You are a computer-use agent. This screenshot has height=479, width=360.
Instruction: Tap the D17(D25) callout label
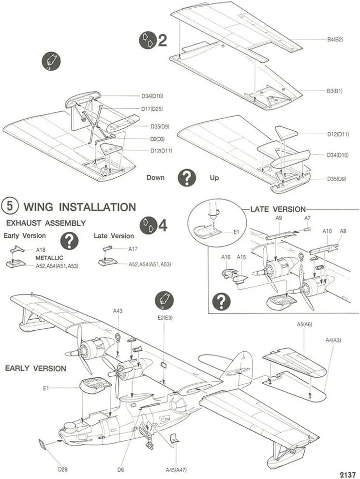click(x=152, y=109)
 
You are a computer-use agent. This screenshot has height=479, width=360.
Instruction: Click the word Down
click(x=155, y=178)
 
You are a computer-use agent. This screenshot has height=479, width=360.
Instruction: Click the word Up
click(x=214, y=178)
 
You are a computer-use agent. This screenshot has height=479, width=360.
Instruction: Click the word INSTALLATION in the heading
click(x=97, y=207)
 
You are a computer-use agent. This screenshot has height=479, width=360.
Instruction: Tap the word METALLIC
click(x=50, y=258)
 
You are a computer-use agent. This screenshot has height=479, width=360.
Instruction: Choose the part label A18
click(x=41, y=249)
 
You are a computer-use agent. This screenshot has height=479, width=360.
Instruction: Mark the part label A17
click(x=133, y=249)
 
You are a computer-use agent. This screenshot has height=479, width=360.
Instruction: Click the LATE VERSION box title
click(x=277, y=209)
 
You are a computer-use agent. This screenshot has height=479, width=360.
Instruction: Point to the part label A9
click(x=279, y=218)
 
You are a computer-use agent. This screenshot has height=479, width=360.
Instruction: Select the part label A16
click(x=226, y=257)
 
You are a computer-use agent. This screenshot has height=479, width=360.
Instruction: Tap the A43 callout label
click(x=118, y=311)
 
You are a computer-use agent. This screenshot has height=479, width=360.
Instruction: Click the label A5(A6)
click(x=305, y=325)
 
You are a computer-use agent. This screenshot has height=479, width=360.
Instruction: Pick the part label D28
click(x=63, y=469)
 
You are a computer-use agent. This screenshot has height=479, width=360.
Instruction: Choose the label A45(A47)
click(x=177, y=469)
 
